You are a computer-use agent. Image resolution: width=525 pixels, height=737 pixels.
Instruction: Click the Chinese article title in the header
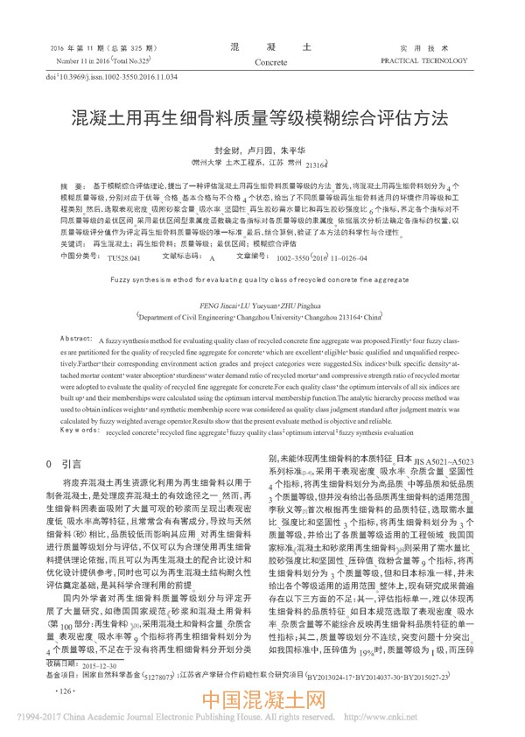click(x=262, y=116)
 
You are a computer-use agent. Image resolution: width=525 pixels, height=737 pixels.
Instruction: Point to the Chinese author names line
click(x=262, y=149)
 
